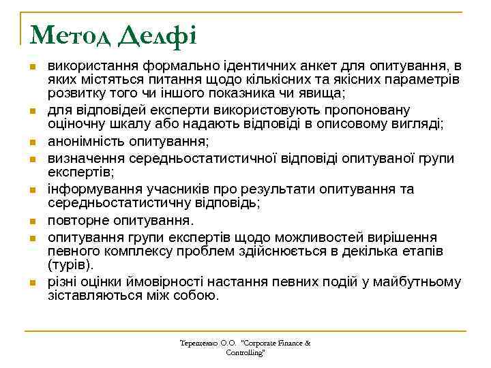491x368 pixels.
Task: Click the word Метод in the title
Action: pyautogui.click(x=69, y=33)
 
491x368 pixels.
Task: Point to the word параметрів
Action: pyautogui.click(x=426, y=80)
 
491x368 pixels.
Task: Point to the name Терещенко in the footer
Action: pyautogui.click(x=198, y=343)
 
